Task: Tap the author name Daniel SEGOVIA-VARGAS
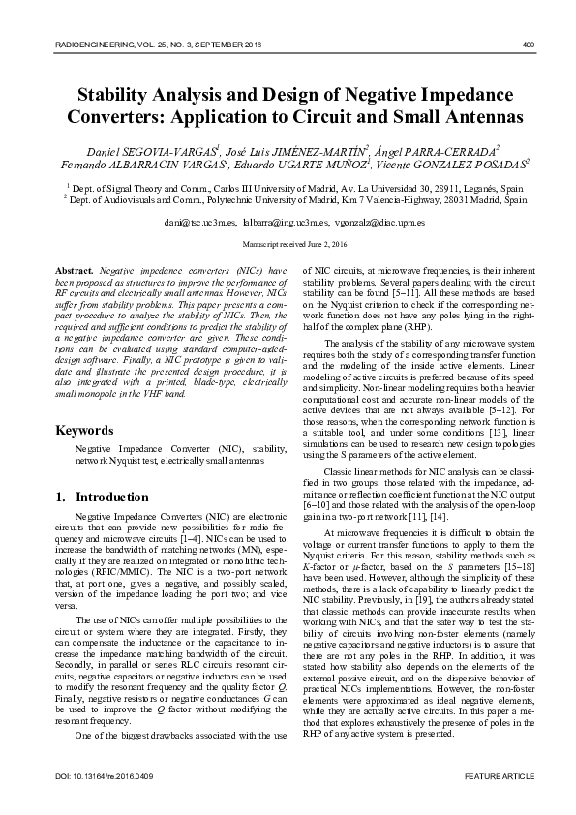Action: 154,151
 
